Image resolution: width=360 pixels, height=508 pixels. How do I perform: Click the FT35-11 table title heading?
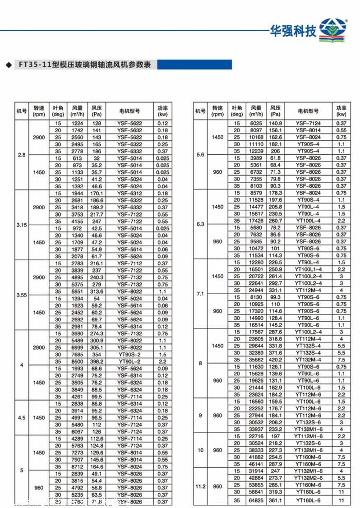84,65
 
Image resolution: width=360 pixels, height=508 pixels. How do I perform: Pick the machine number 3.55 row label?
22,295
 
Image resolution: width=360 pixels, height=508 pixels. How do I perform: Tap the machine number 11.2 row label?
200,486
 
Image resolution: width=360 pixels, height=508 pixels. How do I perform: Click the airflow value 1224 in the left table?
78,123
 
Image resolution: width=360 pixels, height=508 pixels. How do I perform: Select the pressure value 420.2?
275,360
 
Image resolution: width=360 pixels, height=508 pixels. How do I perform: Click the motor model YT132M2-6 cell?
308,477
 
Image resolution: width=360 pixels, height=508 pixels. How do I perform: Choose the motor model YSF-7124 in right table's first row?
308,123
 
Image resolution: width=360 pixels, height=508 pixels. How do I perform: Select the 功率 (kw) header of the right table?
341,111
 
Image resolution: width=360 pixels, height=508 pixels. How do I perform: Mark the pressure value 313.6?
97,291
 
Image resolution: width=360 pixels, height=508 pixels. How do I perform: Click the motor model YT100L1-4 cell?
308,269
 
